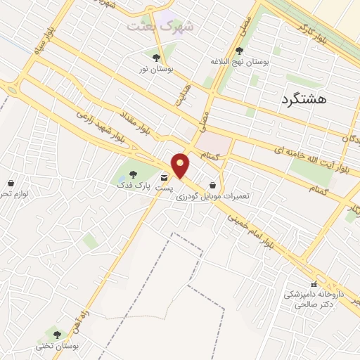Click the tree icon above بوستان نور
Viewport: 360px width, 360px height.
coord(155,58)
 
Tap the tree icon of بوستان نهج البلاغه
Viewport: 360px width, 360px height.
coord(240,50)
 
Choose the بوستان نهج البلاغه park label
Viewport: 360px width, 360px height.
coord(240,62)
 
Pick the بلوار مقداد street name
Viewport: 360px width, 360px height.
coord(147,119)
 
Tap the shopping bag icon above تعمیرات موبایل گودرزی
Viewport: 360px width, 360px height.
coord(212,185)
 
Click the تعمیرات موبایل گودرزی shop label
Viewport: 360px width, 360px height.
coord(214,196)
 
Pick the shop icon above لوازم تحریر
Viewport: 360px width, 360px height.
coord(11,182)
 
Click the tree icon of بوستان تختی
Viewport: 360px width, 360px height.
coord(58,334)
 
